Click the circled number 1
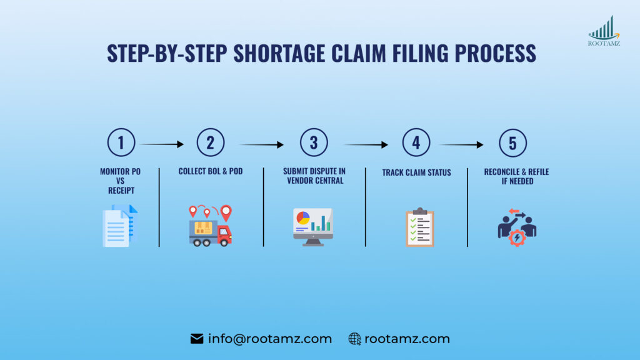click(121, 143)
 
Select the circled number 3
click(313, 143)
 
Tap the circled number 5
click(512, 143)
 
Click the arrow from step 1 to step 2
click(161, 144)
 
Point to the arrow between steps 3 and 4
click(366, 144)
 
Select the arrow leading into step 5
click(461, 144)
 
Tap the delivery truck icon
click(211, 226)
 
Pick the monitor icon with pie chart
click(313, 227)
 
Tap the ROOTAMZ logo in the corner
click(603, 31)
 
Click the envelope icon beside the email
click(197, 339)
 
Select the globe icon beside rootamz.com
click(354, 339)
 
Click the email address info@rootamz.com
click(270, 339)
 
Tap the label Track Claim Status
click(416, 172)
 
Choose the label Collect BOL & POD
click(210, 171)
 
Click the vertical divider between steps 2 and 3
click(263, 207)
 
